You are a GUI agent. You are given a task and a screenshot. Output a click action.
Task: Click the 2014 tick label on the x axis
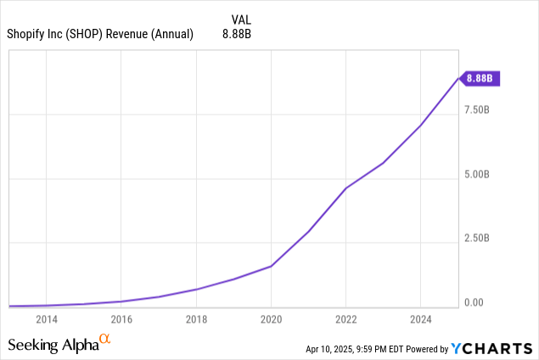click(x=47, y=320)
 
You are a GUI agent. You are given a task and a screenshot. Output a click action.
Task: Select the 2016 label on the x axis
click(x=121, y=320)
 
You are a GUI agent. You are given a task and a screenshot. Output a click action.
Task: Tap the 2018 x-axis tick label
click(x=196, y=320)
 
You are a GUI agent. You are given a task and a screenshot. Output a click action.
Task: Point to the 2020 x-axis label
click(x=271, y=320)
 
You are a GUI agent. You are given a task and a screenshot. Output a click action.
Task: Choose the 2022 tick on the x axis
click(x=345, y=320)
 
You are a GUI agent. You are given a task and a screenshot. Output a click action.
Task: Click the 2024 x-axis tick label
click(x=420, y=320)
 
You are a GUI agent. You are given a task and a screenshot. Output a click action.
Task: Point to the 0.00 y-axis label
click(x=474, y=303)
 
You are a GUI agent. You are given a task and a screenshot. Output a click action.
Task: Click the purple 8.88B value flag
click(x=480, y=79)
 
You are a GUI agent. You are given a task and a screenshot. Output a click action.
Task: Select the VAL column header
click(x=241, y=18)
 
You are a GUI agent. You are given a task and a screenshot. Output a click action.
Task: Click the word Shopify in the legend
click(x=29, y=34)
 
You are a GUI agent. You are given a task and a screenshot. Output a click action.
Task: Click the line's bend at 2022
click(x=345, y=188)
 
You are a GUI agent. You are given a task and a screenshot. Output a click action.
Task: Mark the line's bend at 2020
click(x=271, y=266)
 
